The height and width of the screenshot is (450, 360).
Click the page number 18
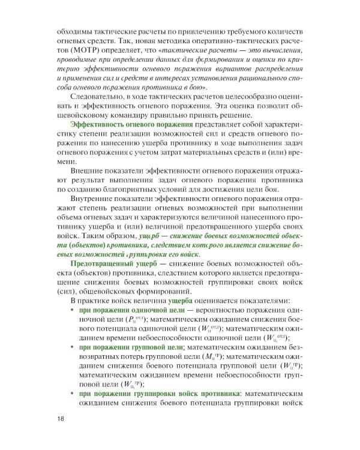pos(61,418)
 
